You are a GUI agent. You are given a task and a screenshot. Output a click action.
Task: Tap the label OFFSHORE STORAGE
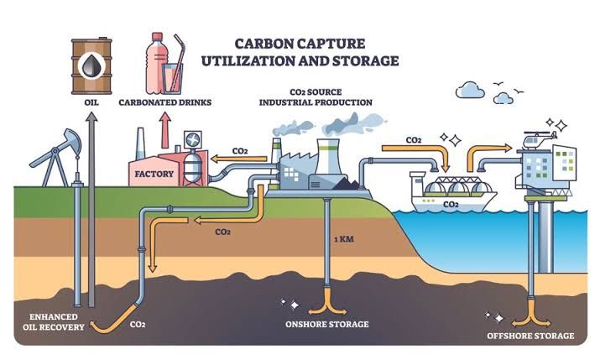pos(531,336)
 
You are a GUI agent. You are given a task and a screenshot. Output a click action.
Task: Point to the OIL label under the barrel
pos(89,103)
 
